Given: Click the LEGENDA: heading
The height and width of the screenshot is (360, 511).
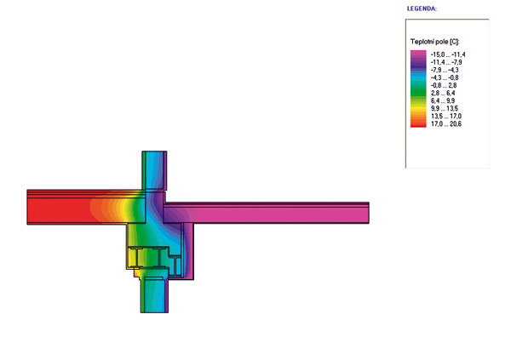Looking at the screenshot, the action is pyautogui.click(x=422, y=9).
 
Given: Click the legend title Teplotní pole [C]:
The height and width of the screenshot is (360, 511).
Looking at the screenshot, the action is pyautogui.click(x=434, y=42).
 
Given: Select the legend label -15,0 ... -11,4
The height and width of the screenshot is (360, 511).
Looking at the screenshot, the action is pyautogui.click(x=448, y=54).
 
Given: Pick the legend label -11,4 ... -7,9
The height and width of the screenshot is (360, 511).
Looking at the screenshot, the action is pyautogui.click(x=446, y=62).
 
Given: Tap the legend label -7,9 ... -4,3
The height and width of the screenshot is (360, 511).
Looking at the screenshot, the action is pyautogui.click(x=445, y=70).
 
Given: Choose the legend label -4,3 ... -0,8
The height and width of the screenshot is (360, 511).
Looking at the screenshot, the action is pyautogui.click(x=445, y=77).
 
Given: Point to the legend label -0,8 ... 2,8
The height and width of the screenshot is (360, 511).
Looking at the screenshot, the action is pyautogui.click(x=444, y=85).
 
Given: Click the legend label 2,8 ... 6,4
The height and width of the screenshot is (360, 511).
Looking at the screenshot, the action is pyautogui.click(x=443, y=93).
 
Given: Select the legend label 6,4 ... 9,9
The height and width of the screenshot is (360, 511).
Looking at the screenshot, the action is pyautogui.click(x=443, y=100).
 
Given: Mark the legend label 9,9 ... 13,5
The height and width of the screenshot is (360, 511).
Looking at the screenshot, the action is pyautogui.click(x=445, y=108).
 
